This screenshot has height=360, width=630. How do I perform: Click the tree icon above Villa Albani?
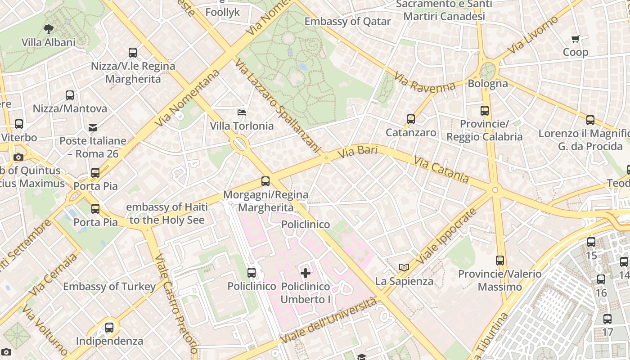[48, 30]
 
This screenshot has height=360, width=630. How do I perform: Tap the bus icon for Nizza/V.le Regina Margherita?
[133, 53]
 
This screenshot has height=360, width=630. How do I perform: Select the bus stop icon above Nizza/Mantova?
[70, 95]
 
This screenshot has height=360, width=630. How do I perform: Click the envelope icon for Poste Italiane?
[93, 128]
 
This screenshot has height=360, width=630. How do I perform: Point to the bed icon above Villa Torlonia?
[242, 112]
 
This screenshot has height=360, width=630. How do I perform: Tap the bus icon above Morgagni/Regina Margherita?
[265, 181]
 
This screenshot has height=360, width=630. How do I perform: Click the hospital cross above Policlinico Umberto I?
[306, 273]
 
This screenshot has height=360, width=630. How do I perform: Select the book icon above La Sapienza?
[404, 268]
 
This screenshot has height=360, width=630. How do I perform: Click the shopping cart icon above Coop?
[576, 39]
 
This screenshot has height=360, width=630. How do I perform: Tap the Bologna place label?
[488, 84]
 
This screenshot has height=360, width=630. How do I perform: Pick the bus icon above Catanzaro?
[411, 119]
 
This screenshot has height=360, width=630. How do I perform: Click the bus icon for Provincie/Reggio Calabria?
[485, 110]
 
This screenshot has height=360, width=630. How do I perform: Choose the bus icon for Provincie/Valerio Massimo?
[500, 260]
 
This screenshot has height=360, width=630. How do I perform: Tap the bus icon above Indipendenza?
[109, 328]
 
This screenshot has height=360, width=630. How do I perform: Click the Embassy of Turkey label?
[109, 287]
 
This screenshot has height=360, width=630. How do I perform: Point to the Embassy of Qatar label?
[347, 21]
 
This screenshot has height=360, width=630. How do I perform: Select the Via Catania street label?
[441, 170]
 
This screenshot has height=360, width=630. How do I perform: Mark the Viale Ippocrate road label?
[446, 236]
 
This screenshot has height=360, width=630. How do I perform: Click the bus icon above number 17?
[607, 319]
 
